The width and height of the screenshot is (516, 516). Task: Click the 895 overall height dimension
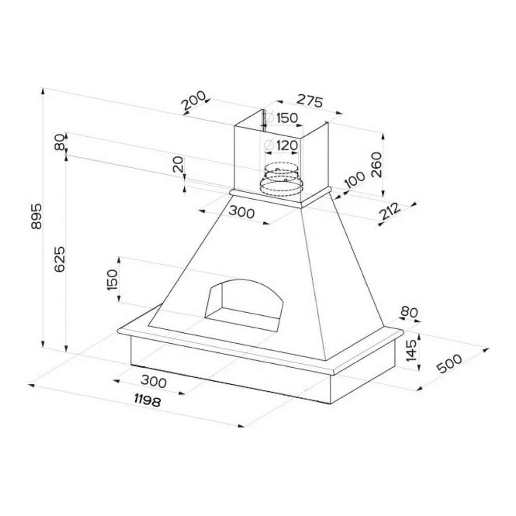[x=36, y=216]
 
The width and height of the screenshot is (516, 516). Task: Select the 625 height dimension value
[x=59, y=260]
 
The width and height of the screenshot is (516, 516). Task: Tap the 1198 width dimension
[x=147, y=400]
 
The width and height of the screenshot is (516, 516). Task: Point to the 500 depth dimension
[x=449, y=364]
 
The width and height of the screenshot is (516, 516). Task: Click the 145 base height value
[x=411, y=350]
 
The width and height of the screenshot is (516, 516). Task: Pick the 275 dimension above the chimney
[x=310, y=101]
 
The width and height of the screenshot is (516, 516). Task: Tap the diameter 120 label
[x=281, y=145]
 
